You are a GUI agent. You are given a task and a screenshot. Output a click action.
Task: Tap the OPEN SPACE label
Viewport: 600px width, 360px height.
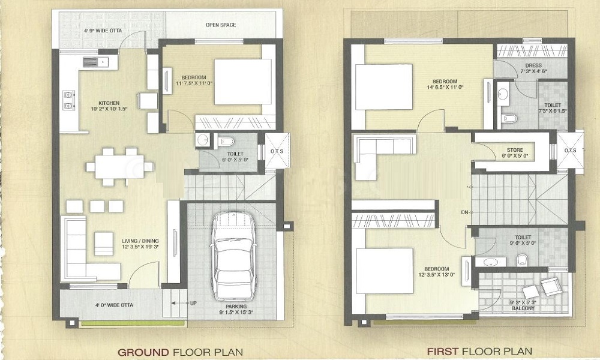click(x=220, y=25)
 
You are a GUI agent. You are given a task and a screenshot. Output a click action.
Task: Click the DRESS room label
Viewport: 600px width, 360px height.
click(x=532, y=65)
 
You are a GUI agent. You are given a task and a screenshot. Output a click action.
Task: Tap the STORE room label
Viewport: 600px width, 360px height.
click(x=515, y=150)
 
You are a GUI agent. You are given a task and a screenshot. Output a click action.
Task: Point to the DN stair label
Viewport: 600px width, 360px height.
click(x=464, y=212)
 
